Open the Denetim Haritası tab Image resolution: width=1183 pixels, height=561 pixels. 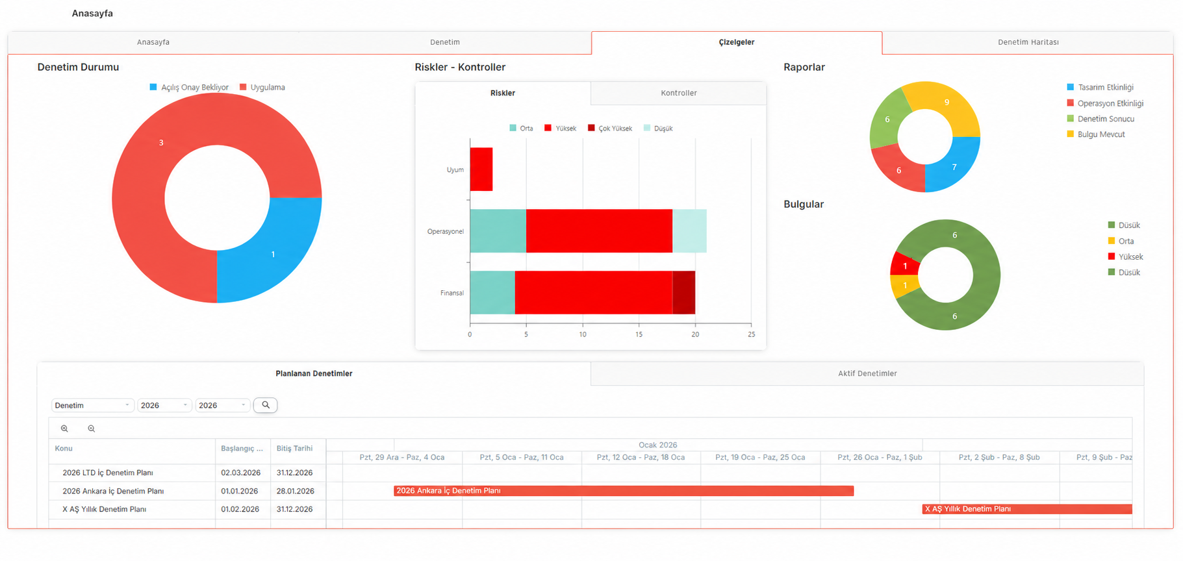1028,42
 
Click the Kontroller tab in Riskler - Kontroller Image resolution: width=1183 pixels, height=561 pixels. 678,93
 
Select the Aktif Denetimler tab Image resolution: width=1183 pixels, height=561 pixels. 867,373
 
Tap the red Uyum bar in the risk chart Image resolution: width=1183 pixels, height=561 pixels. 481,169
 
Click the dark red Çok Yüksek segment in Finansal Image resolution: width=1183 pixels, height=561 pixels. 683,293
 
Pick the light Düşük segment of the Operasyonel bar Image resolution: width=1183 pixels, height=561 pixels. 689,231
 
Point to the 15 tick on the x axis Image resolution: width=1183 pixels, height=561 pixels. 639,334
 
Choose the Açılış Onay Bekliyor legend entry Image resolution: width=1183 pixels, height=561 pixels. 189,87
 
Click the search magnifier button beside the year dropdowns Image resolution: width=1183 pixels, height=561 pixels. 265,405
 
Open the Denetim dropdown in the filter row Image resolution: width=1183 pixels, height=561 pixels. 92,405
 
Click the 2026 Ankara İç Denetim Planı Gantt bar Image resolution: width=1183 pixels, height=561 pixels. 624,491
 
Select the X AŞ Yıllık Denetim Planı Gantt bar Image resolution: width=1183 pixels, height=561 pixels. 1027,509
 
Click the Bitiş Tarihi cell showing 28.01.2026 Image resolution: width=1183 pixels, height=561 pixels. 295,491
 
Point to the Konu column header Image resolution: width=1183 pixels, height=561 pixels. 64,449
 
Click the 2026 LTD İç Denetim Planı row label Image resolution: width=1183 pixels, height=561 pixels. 108,473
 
